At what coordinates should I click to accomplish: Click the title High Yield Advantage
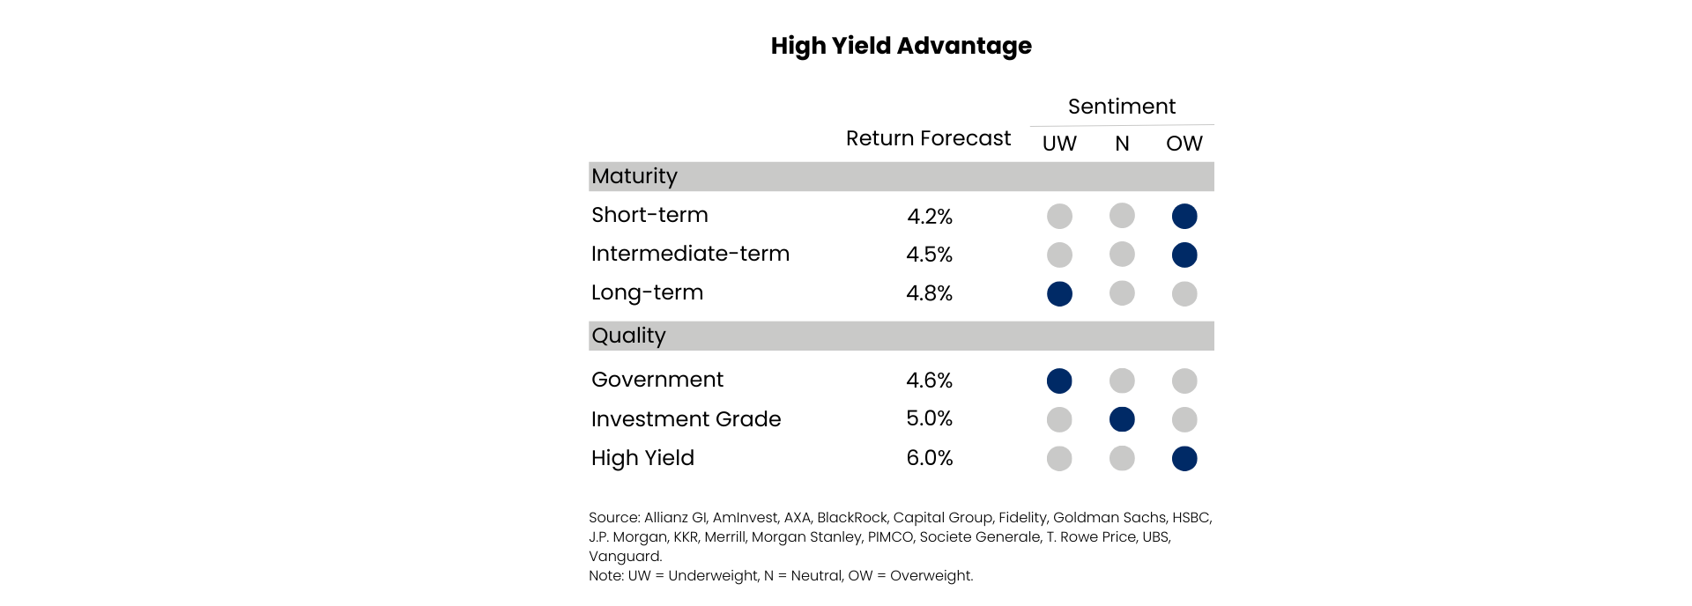(x=901, y=46)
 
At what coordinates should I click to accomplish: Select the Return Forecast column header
(x=928, y=138)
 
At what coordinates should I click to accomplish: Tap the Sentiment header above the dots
(x=1122, y=107)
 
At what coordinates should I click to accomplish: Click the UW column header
(x=1059, y=144)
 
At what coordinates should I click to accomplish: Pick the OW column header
(x=1184, y=144)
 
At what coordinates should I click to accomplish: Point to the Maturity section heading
(x=634, y=176)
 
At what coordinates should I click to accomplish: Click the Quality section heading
(x=628, y=336)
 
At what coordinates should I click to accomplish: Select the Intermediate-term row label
(x=690, y=254)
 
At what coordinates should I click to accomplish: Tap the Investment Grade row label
(x=686, y=419)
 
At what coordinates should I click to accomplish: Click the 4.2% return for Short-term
(x=930, y=216)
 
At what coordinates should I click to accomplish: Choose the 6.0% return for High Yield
(x=930, y=458)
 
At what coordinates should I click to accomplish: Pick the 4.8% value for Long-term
(x=930, y=293)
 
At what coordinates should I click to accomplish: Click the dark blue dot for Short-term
(x=1184, y=216)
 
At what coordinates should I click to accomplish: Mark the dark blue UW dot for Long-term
(x=1059, y=293)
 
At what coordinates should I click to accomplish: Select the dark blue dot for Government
(x=1059, y=381)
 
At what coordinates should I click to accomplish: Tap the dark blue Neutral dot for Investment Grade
(x=1122, y=419)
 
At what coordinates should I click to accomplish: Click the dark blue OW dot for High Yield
(x=1184, y=458)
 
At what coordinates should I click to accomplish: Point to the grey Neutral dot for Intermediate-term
(x=1122, y=255)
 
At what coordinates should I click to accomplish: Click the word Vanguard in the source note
(x=624, y=557)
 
